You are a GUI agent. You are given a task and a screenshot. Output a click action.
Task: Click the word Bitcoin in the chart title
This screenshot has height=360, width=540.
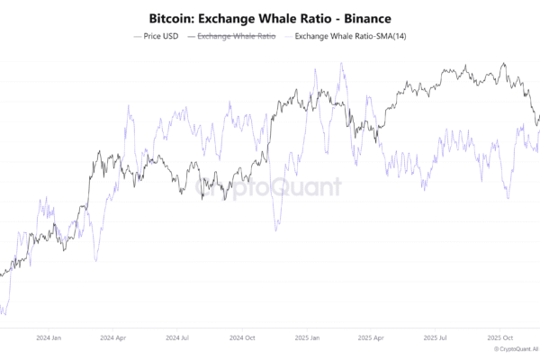tap(172, 18)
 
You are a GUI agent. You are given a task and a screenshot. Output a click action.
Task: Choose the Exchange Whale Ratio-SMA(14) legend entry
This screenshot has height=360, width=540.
tap(347, 36)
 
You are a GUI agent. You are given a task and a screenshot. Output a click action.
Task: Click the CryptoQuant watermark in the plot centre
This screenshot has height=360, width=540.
tap(270, 187)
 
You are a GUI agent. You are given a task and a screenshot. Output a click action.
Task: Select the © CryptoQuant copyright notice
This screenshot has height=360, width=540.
tap(516, 349)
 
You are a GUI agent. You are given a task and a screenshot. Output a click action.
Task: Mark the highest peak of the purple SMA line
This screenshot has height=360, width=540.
tap(342, 64)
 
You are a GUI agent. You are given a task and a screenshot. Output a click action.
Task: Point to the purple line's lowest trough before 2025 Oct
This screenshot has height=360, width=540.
tap(508, 197)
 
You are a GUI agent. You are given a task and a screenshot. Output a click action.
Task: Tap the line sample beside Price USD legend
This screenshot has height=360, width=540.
tap(137, 36)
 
